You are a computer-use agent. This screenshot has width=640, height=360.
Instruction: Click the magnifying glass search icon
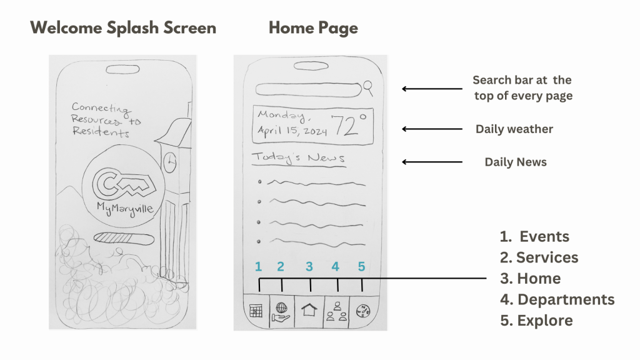tap(368, 87)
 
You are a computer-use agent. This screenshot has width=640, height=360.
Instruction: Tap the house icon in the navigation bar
tap(309, 310)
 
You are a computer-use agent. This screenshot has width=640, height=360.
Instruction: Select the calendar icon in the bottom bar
tap(256, 311)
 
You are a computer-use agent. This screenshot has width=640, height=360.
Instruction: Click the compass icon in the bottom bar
tap(363, 311)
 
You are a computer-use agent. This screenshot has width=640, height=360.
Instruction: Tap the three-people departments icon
tap(337, 311)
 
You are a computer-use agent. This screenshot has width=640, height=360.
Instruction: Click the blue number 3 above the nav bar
tap(309, 266)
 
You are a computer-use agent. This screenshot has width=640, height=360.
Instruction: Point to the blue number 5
tap(362, 266)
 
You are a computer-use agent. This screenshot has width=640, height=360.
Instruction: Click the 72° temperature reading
tap(348, 125)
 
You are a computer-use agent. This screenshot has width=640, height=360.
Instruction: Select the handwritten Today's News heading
tap(298, 158)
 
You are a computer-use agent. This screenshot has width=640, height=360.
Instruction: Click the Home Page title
tap(313, 28)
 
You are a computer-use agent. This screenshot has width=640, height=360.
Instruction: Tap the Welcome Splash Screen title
tap(123, 27)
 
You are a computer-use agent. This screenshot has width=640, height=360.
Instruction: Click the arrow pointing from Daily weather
tap(432, 129)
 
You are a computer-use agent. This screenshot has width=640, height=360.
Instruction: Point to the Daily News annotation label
tap(516, 162)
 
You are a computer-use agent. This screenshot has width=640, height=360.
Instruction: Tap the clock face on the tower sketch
tap(170, 163)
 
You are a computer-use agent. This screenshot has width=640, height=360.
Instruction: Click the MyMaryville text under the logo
tap(125, 209)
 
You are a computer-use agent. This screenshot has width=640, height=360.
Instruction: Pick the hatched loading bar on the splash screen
tap(124, 238)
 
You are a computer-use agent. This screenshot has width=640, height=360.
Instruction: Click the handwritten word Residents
tap(101, 131)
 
